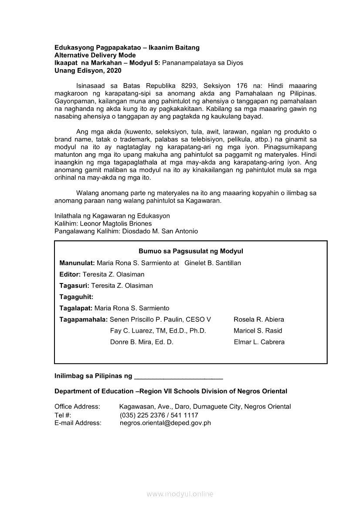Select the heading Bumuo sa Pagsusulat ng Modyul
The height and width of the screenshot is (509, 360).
pos(190,251)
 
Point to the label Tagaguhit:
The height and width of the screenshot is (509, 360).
pos(76,297)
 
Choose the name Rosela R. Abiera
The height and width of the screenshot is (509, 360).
pos(259,320)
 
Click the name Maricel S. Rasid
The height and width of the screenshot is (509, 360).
pos(258,331)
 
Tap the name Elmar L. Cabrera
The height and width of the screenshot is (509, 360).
pos(259,342)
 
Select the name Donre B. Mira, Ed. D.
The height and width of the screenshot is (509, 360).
pos(142,342)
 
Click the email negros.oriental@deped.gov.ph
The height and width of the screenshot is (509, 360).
pos(165,423)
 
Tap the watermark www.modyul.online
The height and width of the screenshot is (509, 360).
pos(180,494)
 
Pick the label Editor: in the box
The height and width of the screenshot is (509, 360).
pos(70,274)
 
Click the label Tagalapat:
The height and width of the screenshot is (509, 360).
pos(76,308)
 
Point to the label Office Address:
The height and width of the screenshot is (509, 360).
pos(77,407)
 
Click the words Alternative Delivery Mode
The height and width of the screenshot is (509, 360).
pos(95,55)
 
